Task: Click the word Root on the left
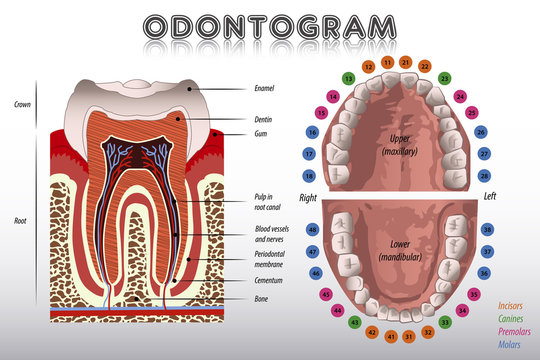click(21, 220)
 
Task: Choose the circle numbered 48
click(313, 229)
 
